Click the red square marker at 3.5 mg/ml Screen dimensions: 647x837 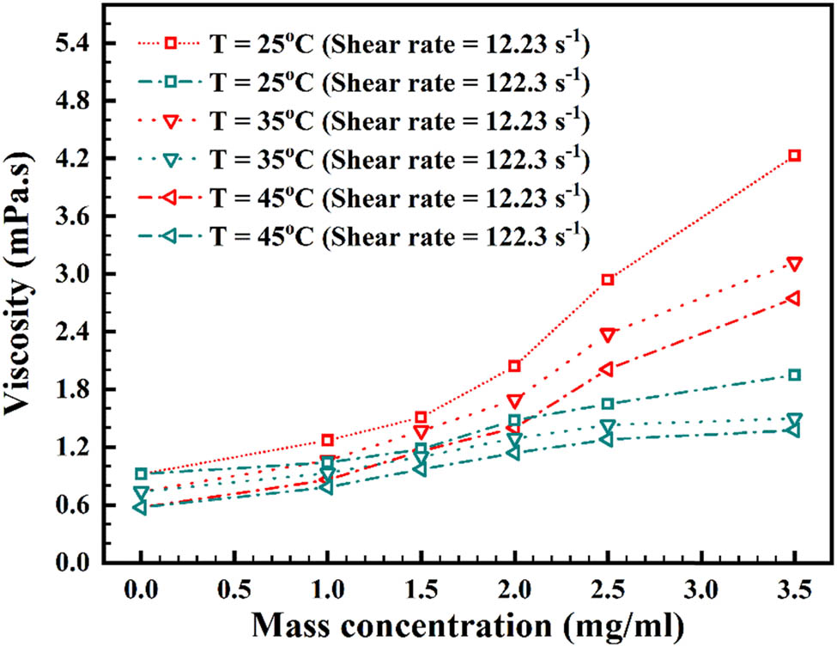(795, 156)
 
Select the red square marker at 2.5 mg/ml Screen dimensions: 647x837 (608, 280)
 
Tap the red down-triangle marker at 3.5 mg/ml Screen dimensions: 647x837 (795, 263)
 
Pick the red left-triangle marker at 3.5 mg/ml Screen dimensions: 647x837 (794, 298)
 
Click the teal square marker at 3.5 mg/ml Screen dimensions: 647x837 (795, 375)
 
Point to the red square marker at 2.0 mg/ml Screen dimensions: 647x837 (514, 366)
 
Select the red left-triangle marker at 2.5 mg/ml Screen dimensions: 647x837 (607, 369)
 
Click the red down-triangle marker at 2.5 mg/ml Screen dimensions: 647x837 (608, 334)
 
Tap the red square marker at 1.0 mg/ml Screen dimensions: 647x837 (327, 440)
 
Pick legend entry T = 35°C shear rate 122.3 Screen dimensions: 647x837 (361, 160)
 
